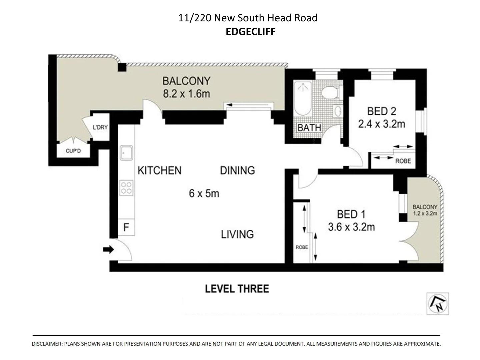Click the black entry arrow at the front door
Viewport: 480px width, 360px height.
point(108,249)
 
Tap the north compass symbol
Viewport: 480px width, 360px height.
point(438,304)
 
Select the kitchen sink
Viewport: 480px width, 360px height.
point(127,153)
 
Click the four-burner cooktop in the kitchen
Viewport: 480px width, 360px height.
point(127,187)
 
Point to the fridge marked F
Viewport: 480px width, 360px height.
point(126,227)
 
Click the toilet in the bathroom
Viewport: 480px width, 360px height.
point(331,92)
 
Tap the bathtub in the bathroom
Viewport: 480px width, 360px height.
point(303,99)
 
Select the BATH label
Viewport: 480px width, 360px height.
point(309,128)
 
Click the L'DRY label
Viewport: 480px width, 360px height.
point(100,127)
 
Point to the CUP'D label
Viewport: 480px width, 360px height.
point(73,151)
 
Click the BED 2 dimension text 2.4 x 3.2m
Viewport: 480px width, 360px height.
point(382,124)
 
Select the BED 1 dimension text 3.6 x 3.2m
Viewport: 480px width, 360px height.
point(351,227)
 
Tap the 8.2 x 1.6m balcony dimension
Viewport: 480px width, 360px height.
point(186,94)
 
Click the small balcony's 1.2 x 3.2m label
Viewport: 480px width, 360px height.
point(425,213)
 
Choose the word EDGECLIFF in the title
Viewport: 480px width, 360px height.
point(251,31)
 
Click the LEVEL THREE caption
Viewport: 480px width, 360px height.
point(237,289)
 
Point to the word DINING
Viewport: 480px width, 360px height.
point(237,170)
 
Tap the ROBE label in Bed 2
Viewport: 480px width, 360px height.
point(403,161)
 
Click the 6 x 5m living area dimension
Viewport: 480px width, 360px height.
point(204,193)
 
